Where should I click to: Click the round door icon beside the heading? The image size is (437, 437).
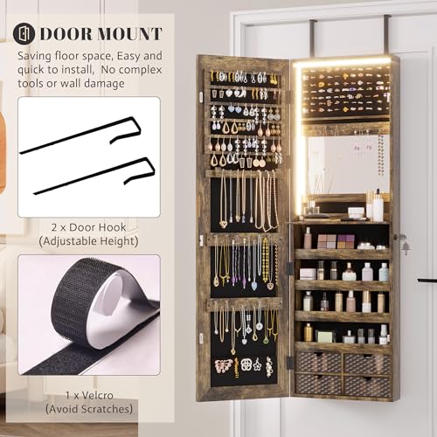tap(24, 33)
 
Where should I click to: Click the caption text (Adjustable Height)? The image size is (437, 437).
tap(88, 241)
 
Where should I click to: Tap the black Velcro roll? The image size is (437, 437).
tap(87, 315)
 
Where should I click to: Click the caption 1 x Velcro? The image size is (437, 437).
tap(89, 395)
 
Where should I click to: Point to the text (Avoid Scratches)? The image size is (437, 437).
tap(89, 409)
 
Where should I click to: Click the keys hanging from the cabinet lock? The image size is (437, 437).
tap(404, 244)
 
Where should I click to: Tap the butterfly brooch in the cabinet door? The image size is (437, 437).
tap(224, 365)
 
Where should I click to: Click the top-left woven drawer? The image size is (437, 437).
tap(318, 362)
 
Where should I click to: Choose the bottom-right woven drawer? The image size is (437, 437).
tap(367, 385)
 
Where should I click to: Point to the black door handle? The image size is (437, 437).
tap(427, 281)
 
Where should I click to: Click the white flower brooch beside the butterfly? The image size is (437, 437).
tap(258, 364)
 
